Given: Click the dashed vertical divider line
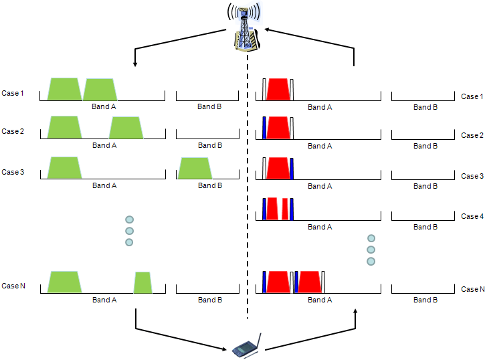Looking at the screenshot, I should pyautogui.click(x=248, y=201).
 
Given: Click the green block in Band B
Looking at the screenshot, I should pyautogui.click(x=195, y=169).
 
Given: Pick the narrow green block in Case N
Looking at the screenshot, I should pyautogui.click(x=143, y=282).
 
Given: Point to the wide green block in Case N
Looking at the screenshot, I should pyautogui.click(x=64, y=282).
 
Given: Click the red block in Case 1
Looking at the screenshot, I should pyautogui.click(x=278, y=90).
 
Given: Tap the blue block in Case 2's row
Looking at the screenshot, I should pyautogui.click(x=264, y=128).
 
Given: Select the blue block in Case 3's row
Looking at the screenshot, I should pyautogui.click(x=292, y=169).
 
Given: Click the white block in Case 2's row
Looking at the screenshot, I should pyautogui.click(x=292, y=128).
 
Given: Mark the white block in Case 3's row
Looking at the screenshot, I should pyautogui.click(x=264, y=169).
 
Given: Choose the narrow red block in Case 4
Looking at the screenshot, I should pyautogui.click(x=285, y=209).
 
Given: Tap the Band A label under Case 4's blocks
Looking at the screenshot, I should pyautogui.click(x=320, y=227).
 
